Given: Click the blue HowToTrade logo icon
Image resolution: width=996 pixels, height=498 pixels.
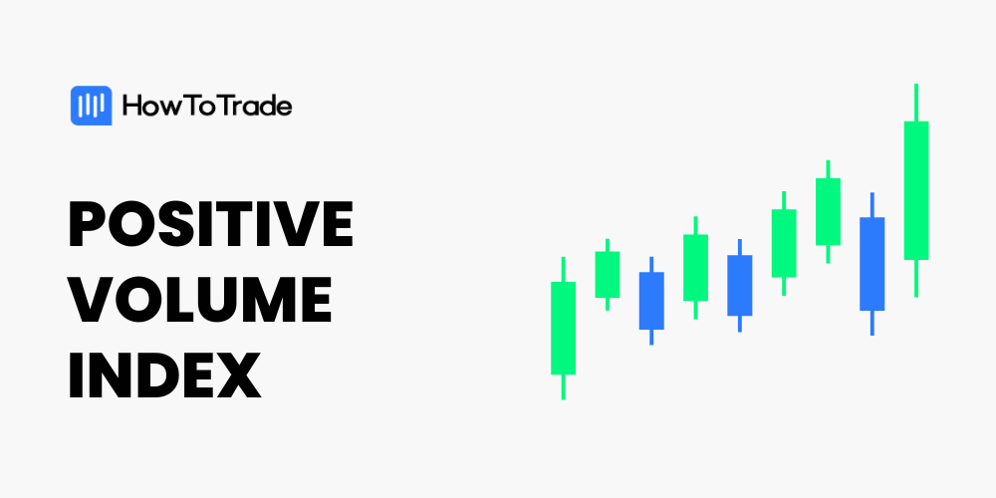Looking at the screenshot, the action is point(91,106).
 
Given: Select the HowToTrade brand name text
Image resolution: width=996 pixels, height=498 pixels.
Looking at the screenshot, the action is point(207,107).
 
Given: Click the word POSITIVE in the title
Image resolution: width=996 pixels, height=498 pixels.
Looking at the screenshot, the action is point(210,224).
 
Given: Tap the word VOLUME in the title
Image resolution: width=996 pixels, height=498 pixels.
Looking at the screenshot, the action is point(200,299).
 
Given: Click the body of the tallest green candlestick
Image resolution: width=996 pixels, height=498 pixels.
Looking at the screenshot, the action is point(916,190).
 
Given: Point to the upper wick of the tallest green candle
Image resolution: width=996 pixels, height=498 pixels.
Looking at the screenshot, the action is point(916,103).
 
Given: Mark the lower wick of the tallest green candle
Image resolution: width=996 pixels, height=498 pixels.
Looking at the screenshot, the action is point(916,278).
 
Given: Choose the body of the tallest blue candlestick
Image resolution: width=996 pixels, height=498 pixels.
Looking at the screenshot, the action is point(872,264).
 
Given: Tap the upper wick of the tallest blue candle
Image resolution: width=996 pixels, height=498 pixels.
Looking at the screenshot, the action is point(872,205).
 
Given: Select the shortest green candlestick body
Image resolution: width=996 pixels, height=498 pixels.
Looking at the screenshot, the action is point(608,275).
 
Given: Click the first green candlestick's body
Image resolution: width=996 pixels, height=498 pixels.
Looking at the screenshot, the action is point(564,328).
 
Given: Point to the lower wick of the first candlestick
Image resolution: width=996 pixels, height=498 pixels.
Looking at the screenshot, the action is point(564,386).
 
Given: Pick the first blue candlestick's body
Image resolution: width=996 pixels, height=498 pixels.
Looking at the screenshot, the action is point(651,301).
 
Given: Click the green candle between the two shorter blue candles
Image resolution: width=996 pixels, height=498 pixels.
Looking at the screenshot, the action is point(695,267).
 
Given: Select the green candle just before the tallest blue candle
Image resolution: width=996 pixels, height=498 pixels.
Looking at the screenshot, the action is point(828,211).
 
